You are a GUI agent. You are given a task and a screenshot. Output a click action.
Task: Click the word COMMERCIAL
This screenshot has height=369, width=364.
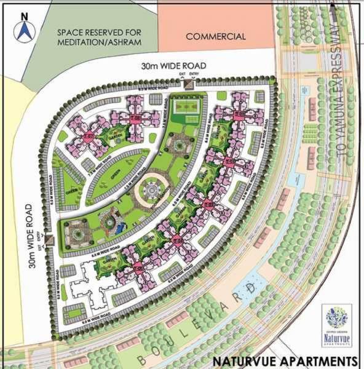pos(216,36)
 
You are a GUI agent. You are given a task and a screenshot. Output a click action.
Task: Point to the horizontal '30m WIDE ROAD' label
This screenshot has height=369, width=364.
pos(172,66)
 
